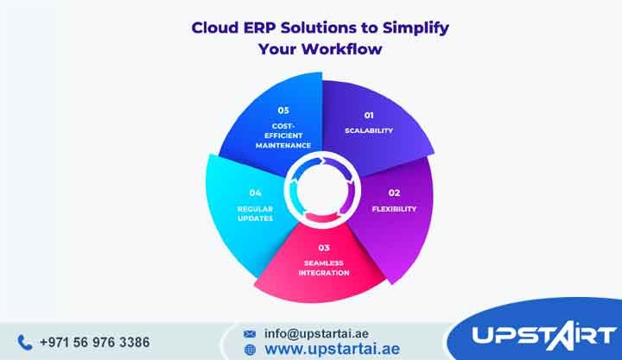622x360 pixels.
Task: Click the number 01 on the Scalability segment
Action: click(x=368, y=115)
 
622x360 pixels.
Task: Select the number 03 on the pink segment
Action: click(x=323, y=248)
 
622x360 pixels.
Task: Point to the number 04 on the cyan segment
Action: click(x=255, y=192)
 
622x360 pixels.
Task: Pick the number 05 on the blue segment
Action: click(x=283, y=110)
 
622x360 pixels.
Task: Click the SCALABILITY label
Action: click(x=369, y=131)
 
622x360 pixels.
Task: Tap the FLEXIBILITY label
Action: click(x=394, y=208)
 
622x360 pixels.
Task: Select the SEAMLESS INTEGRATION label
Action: click(x=324, y=267)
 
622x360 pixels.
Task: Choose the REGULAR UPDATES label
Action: click(x=255, y=213)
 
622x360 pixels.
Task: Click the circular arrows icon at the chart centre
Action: click(x=323, y=182)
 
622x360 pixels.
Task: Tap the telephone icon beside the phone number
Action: click(x=24, y=342)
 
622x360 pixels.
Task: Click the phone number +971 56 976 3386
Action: click(x=94, y=342)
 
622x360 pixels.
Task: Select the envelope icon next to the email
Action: click(x=250, y=332)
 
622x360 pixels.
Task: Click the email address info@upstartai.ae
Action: click(x=316, y=332)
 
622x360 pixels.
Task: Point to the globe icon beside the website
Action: click(x=250, y=350)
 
